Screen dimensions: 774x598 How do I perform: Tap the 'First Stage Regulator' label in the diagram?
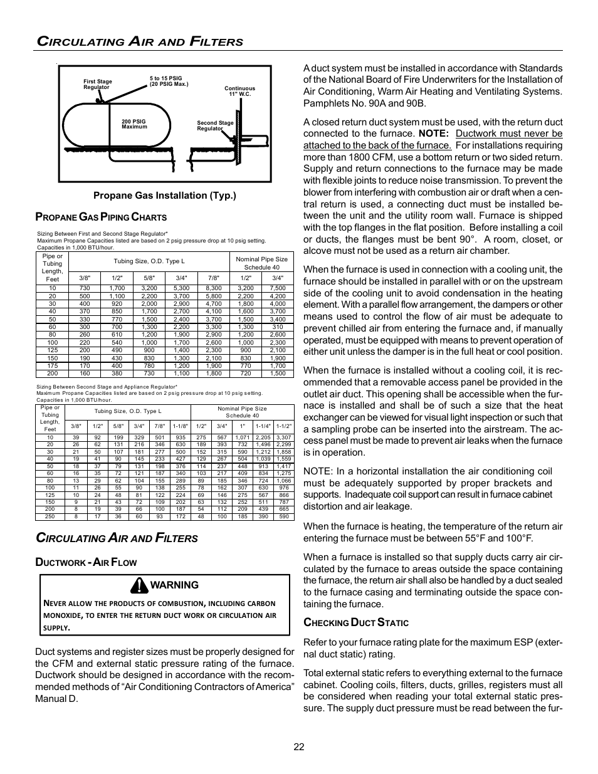[98, 84]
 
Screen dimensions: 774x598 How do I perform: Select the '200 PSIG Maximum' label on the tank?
[134, 124]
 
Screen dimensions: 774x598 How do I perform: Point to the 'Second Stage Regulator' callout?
[215, 125]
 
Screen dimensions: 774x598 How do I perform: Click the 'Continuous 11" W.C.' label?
[239, 91]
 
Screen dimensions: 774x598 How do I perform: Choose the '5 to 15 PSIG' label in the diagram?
[169, 81]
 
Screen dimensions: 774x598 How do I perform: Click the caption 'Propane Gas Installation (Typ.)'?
[165, 196]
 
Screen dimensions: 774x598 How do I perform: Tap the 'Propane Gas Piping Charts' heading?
[101, 217]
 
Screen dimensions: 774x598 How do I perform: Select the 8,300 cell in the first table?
[214, 288]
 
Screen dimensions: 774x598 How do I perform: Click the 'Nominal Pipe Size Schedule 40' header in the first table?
[261, 263]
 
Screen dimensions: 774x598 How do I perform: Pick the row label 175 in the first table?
[52, 365]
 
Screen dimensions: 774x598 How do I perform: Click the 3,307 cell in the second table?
[284, 437]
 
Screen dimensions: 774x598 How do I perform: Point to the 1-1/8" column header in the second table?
[181, 426]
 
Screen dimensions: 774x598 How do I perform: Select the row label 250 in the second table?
[50, 516]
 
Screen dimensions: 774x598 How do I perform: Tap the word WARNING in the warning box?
[174, 585]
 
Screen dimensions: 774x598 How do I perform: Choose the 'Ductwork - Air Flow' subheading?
[86, 562]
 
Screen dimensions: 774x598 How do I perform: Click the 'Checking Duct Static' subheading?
[355, 623]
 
